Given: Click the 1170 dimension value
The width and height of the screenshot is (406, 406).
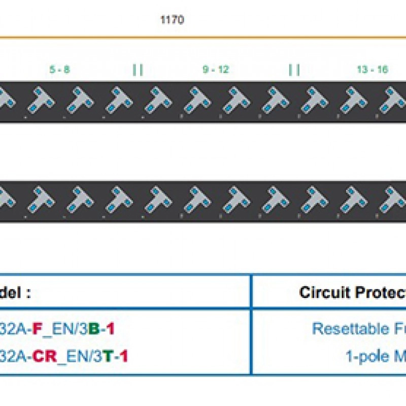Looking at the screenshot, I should (172, 20).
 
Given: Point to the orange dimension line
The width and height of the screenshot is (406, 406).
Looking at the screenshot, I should (203, 37).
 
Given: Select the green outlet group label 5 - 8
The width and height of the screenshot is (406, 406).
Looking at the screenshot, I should (59, 70).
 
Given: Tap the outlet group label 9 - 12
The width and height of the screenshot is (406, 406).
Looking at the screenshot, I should (216, 70).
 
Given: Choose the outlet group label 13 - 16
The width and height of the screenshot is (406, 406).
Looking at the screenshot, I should (372, 70).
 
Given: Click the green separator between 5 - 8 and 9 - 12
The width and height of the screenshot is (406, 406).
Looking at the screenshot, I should (138, 70).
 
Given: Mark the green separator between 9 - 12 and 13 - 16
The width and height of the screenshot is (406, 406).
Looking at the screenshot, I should (294, 70).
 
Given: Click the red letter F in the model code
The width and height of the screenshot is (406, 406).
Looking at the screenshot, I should (37, 329).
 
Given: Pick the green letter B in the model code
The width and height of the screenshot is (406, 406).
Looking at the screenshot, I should (94, 329).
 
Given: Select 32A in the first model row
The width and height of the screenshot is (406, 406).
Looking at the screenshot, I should (14, 329).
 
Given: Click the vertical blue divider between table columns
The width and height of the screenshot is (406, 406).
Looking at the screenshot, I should (251, 325).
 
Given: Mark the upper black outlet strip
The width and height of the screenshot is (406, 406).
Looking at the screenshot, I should (203, 101).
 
